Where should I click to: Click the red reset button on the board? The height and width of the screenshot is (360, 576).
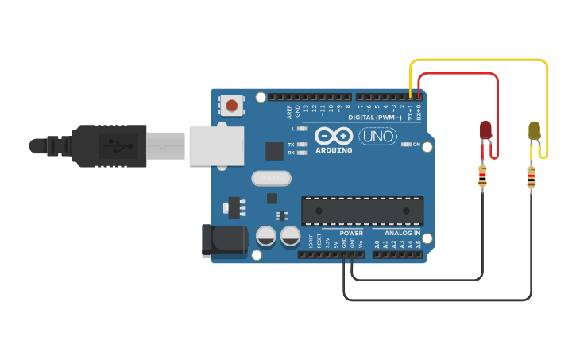point(232,105)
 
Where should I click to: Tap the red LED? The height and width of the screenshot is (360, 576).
point(485,131)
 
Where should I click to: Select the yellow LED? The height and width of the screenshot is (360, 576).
point(535,130)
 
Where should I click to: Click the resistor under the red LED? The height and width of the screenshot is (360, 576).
point(482,176)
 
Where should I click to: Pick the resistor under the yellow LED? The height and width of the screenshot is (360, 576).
point(531,177)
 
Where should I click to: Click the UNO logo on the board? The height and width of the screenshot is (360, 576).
point(378,136)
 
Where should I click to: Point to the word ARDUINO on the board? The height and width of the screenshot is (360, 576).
point(334,150)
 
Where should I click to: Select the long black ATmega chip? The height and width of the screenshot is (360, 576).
point(362,211)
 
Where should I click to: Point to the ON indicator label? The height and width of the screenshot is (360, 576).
point(416,144)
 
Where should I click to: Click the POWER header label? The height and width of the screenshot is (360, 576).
point(351,234)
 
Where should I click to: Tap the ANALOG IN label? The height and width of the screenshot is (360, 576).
point(403,234)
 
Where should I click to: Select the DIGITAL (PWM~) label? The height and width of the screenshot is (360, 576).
point(373,118)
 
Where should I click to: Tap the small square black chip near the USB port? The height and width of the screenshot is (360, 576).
point(274,151)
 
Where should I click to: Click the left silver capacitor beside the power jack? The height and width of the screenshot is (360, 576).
point(267,236)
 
